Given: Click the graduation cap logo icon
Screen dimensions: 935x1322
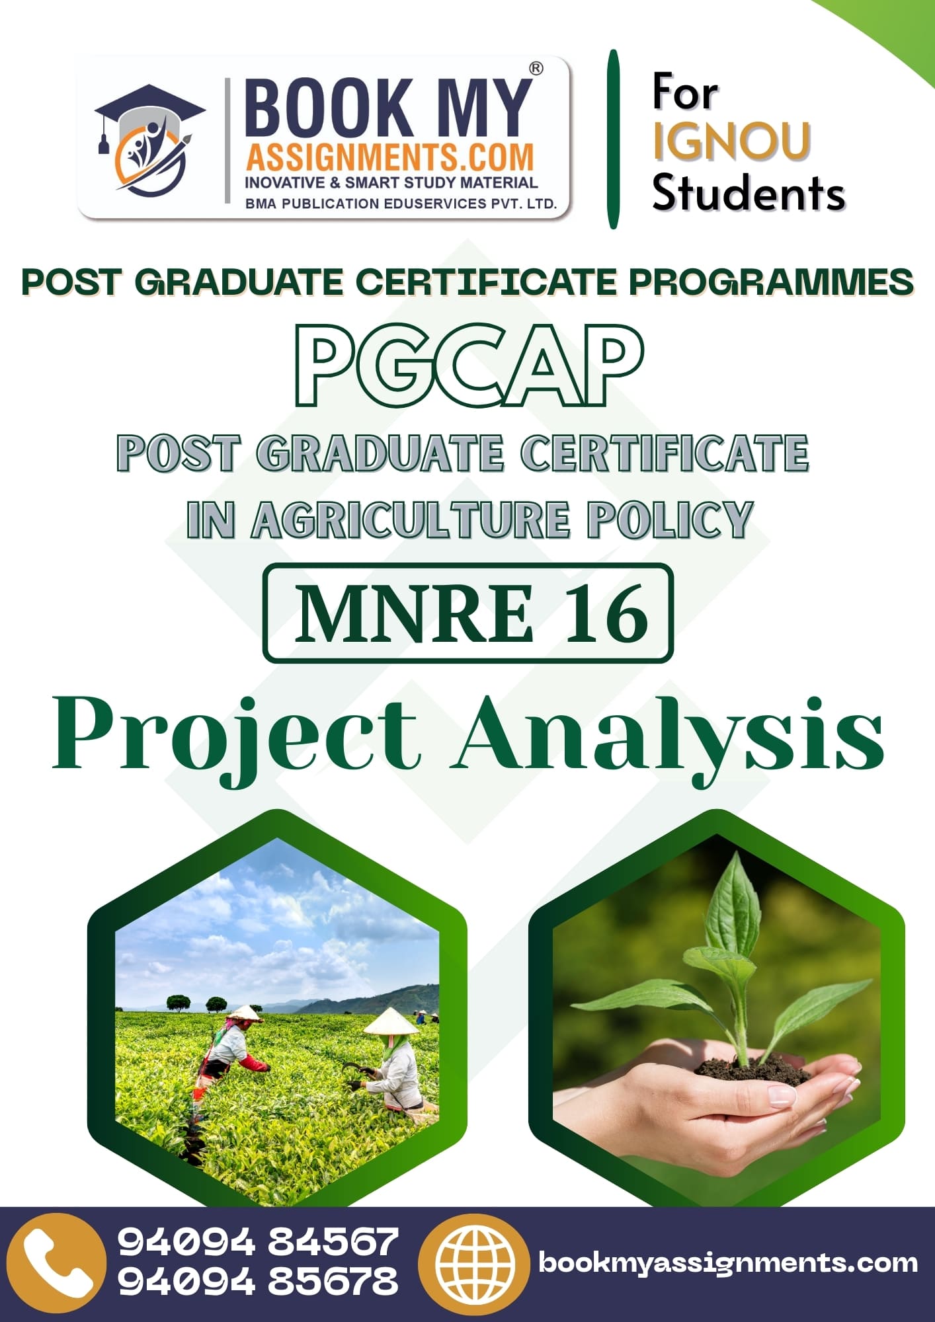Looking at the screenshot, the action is (149, 139).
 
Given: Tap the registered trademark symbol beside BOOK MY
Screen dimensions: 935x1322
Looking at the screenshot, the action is (536, 68).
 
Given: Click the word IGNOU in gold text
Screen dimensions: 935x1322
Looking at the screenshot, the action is (731, 141).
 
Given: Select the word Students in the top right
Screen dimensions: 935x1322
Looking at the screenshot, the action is (749, 193).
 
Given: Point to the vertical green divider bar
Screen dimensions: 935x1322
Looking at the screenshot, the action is (613, 139).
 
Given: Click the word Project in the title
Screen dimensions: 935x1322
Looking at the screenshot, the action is (237, 737).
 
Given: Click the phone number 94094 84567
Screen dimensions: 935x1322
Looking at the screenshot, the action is (258, 1242).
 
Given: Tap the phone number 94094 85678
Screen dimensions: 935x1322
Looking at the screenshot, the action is (258, 1282).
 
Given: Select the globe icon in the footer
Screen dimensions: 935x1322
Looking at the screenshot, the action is (477, 1263).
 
